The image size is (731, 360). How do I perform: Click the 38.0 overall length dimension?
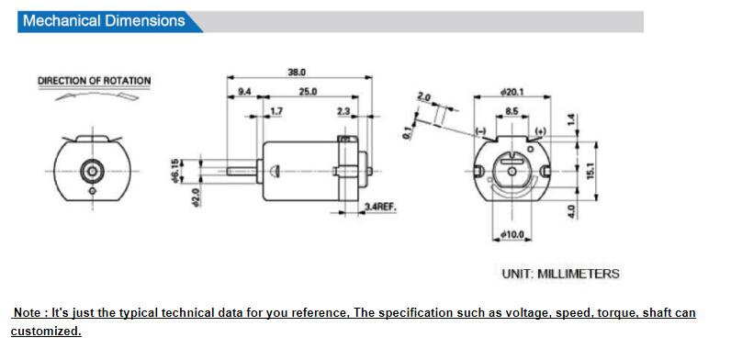click(297, 73)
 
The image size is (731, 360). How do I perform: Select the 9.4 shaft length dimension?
click(244, 92)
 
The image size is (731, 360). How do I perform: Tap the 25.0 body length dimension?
click(308, 92)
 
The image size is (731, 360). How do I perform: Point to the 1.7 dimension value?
click(276, 111)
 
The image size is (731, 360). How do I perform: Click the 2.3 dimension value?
click(343, 111)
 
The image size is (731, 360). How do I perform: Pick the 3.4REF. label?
click(380, 207)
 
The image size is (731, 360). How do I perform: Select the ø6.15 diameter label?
click(174, 171)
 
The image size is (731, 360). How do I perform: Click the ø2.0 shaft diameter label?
click(196, 197)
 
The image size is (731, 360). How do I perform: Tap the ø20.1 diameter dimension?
click(512, 92)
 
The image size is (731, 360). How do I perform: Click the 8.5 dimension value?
click(512, 112)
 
